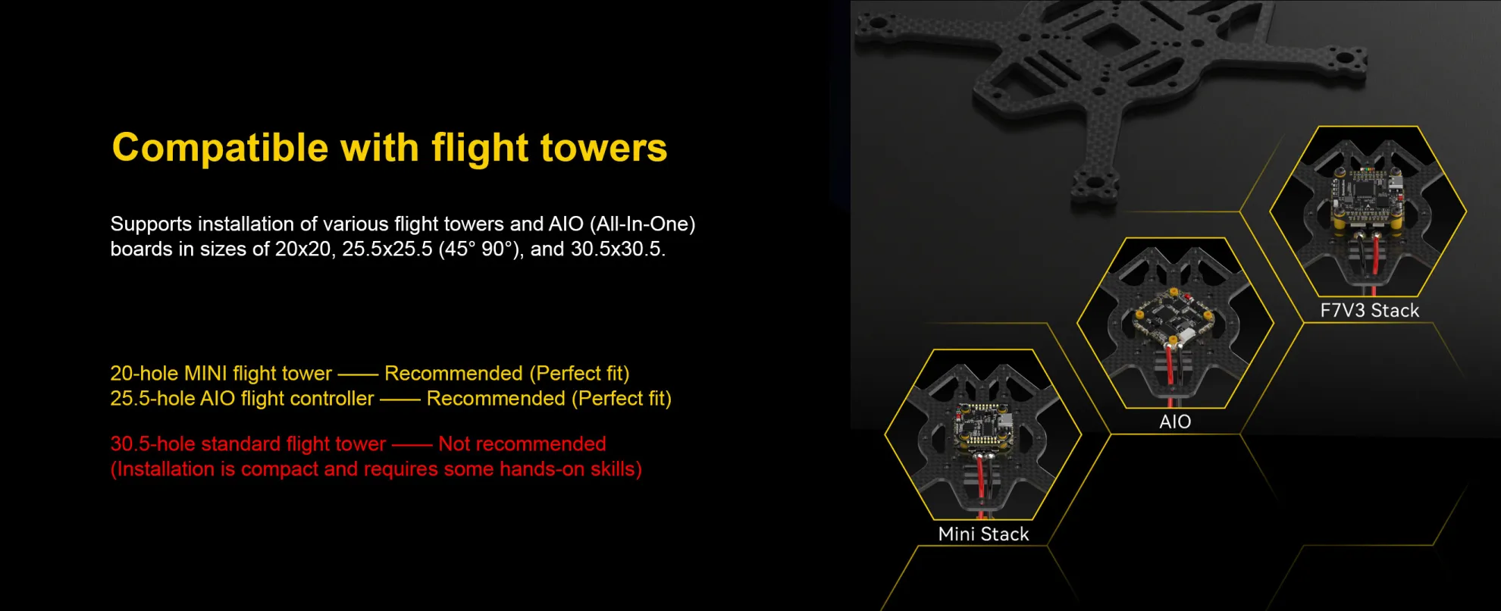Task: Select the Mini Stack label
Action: coord(983,534)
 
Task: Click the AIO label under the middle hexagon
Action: coord(1175,422)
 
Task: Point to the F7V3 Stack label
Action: coord(1369,311)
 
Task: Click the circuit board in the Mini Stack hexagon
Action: coord(982,428)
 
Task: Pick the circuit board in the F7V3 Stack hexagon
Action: coord(1369,199)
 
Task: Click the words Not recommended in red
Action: coord(522,444)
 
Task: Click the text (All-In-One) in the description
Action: coord(642,224)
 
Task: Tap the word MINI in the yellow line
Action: coord(205,374)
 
